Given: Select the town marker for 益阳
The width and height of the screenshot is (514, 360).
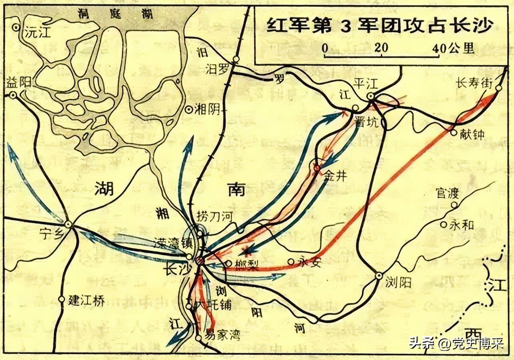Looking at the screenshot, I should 13,95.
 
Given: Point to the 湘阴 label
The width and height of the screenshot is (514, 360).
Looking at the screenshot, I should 207,109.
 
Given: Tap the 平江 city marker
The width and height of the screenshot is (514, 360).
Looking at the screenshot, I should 371,96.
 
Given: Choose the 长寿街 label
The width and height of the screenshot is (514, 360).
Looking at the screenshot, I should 474,83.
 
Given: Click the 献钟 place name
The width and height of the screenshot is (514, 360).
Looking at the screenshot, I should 473,134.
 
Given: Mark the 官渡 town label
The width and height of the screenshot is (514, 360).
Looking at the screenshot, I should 447,194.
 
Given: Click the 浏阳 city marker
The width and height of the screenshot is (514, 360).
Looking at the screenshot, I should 379,276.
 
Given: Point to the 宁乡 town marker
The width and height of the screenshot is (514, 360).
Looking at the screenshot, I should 68,224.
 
